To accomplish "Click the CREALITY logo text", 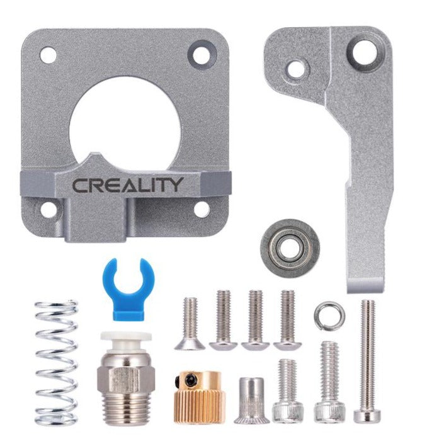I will (128, 185).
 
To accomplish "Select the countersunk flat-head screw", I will (190, 324).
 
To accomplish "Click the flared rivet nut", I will (251, 400).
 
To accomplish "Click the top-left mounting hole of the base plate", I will (48, 54).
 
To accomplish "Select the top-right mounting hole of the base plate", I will (201, 55).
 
